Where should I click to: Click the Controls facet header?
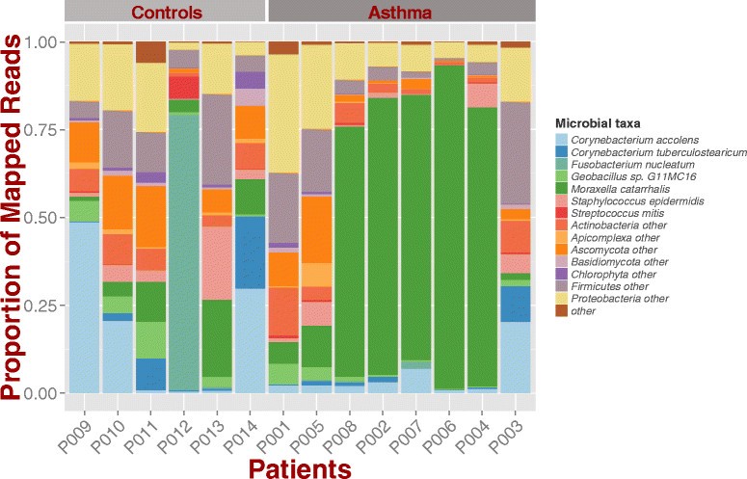(x=165, y=13)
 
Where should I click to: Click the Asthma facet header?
(x=401, y=13)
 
